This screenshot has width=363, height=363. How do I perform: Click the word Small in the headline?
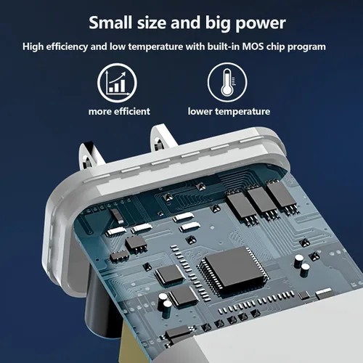tap(110, 23)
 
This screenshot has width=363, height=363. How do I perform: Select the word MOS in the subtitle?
tap(253, 46)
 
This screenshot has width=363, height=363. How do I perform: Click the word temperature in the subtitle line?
tap(155, 46)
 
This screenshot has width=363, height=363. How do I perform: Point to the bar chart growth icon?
tap(117, 83)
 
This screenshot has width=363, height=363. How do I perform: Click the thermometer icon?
tap(227, 82)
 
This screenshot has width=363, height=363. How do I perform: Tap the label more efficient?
tap(119, 112)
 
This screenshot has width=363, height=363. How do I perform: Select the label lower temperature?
tap(229, 112)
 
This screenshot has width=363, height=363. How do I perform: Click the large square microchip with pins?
tap(233, 269)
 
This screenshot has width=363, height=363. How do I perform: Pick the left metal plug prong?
tap(90, 157)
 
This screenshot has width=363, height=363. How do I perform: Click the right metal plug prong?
tap(162, 138)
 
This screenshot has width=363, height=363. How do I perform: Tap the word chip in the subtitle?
tap(276, 46)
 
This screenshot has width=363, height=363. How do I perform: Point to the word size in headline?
tap(152, 23)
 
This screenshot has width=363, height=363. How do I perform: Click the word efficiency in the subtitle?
tap(67, 46)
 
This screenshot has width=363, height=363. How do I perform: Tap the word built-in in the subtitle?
tap(224, 46)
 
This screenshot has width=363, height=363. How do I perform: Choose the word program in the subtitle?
tap(306, 47)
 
